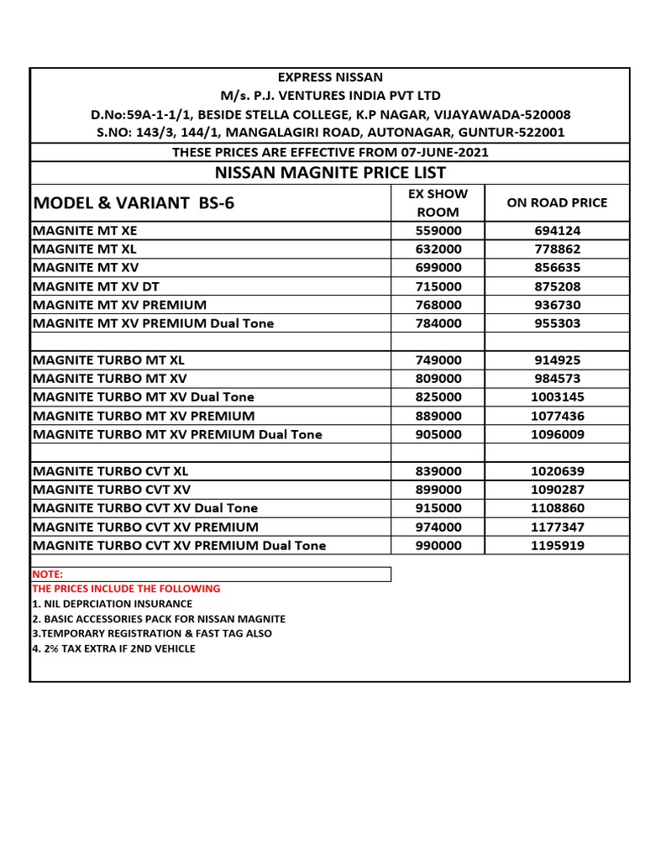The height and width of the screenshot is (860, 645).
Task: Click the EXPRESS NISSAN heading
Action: coord(330,77)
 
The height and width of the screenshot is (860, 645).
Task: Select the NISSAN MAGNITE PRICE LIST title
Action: coord(330,173)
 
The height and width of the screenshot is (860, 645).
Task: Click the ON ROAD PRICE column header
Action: coord(557,202)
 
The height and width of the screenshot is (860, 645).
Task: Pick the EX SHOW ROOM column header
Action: coord(438,202)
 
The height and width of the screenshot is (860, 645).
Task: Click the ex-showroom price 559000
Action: coord(438,231)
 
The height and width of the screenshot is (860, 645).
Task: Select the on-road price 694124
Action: coord(557,231)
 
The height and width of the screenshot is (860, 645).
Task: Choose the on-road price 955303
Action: coord(557,323)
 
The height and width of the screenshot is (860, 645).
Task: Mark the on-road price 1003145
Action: coord(557,396)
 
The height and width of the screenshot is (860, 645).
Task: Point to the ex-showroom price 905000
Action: coord(438,434)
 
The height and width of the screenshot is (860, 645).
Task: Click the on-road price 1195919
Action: coord(557,545)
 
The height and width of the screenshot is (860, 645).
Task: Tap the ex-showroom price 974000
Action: coord(438,527)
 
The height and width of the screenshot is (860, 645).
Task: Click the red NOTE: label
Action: coord(48,574)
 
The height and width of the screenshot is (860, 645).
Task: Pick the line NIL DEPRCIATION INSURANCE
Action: coord(112,604)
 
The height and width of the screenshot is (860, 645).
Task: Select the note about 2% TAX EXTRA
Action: coord(113,648)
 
